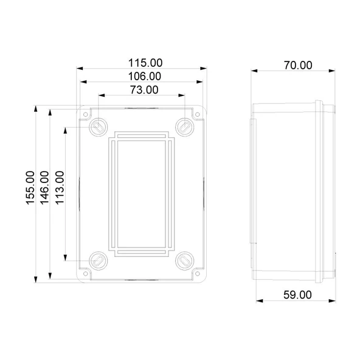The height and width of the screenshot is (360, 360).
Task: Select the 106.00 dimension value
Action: point(144,77)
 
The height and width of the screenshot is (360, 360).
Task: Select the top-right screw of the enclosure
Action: point(184,126)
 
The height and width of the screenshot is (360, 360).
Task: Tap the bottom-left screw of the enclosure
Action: point(98,261)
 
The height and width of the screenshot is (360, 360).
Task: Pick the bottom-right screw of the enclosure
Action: point(184,261)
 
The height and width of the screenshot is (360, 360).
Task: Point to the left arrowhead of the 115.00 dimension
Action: point(80,69)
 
